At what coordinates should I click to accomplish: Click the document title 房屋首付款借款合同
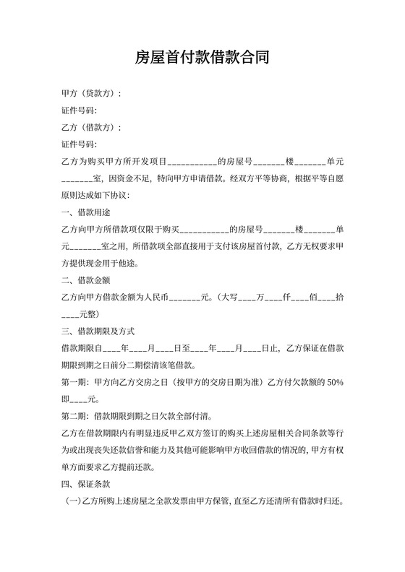pyautogui.click(x=202, y=58)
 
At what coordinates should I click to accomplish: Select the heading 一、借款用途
pyautogui.click(x=86, y=212)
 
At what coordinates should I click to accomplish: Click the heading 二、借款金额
pyautogui.click(x=86, y=279)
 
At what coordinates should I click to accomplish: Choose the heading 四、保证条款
pyautogui.click(x=86, y=482)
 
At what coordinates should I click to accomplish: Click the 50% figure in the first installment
pyautogui.click(x=335, y=381)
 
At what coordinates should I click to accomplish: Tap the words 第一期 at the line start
pyautogui.click(x=74, y=381)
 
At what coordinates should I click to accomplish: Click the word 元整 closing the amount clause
pyautogui.click(x=91, y=313)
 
